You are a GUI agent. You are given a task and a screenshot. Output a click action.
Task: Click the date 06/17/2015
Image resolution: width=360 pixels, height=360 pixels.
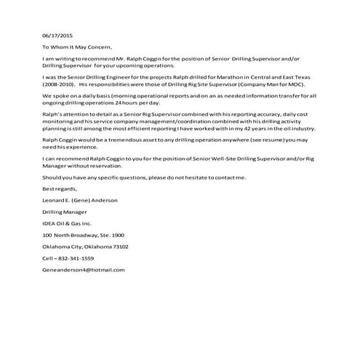[57, 35]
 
